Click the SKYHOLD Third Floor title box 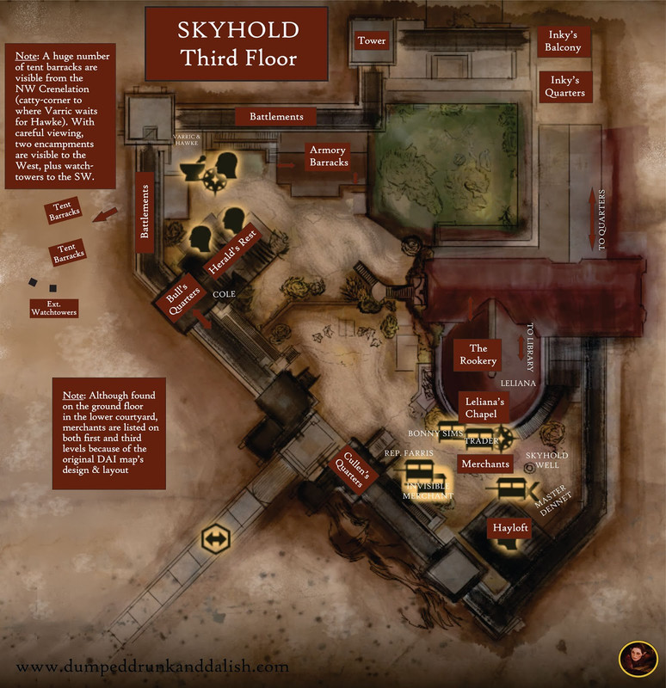click(x=237, y=43)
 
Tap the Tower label click(x=372, y=40)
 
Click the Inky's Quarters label click(x=564, y=86)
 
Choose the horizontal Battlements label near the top click(x=276, y=116)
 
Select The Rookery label click(x=478, y=354)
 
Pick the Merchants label click(x=485, y=464)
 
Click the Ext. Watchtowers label click(x=53, y=307)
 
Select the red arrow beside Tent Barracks click(x=107, y=214)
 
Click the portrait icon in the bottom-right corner click(x=638, y=659)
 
